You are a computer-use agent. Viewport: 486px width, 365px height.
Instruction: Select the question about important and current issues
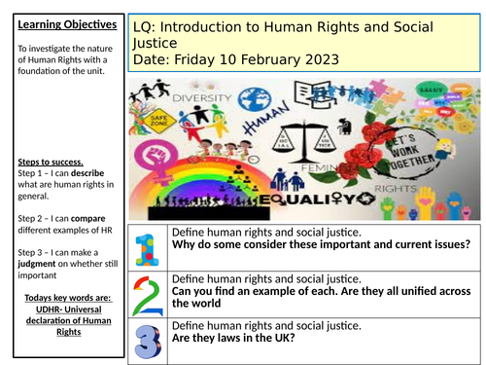pos(326,244)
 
